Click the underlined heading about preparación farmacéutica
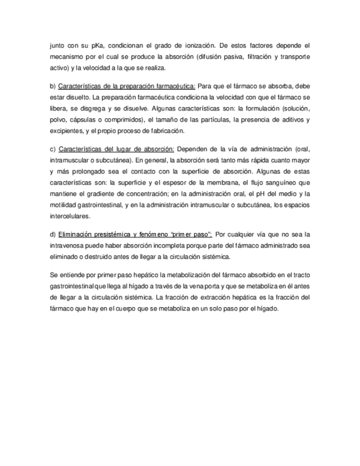(126, 86)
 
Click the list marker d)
(53, 234)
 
